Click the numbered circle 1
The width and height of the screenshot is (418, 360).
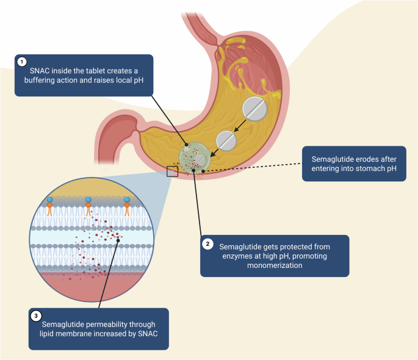[x=22, y=62]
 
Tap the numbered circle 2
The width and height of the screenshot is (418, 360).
[x=208, y=244]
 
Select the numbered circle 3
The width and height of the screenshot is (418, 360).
[x=37, y=316]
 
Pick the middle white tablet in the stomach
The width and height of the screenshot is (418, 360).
[x=226, y=140]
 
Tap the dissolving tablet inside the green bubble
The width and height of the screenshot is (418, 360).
[x=200, y=160]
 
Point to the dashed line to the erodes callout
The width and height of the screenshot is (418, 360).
[x=256, y=167]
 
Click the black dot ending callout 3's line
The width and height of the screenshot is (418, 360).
[x=118, y=241]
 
